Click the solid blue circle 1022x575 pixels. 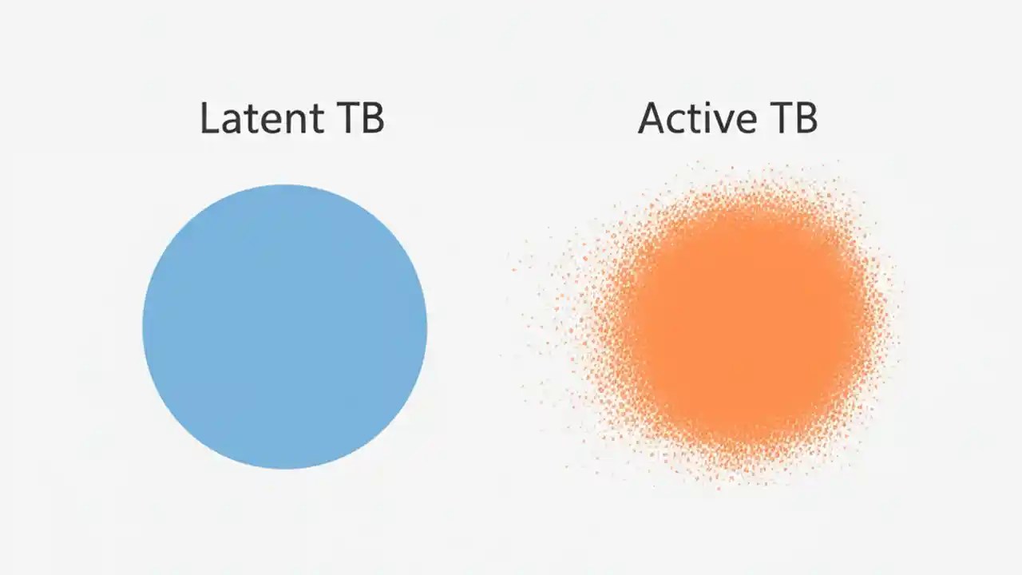point(285,327)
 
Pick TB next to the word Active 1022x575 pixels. point(793,118)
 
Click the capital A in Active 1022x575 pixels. point(651,118)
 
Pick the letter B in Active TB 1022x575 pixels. point(806,118)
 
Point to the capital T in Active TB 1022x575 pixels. point(779,118)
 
